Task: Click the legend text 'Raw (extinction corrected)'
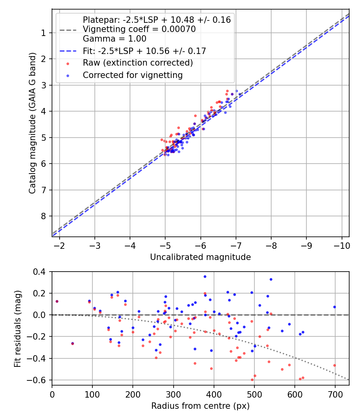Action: [x=138, y=63]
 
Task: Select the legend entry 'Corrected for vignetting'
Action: [x=132, y=75]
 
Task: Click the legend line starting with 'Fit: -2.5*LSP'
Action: [x=144, y=51]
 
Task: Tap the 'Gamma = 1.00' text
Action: [x=114, y=39]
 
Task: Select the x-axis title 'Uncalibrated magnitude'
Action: [x=200, y=257]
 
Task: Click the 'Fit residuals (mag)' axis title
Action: [x=17, y=329]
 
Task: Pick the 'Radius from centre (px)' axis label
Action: [x=200, y=406]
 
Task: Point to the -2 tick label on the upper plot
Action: [x=60, y=244]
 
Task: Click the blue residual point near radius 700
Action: [x=334, y=307]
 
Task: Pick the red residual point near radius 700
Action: [x=334, y=365]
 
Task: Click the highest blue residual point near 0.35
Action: [x=205, y=276]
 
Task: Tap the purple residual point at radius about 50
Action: [x=72, y=343]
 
